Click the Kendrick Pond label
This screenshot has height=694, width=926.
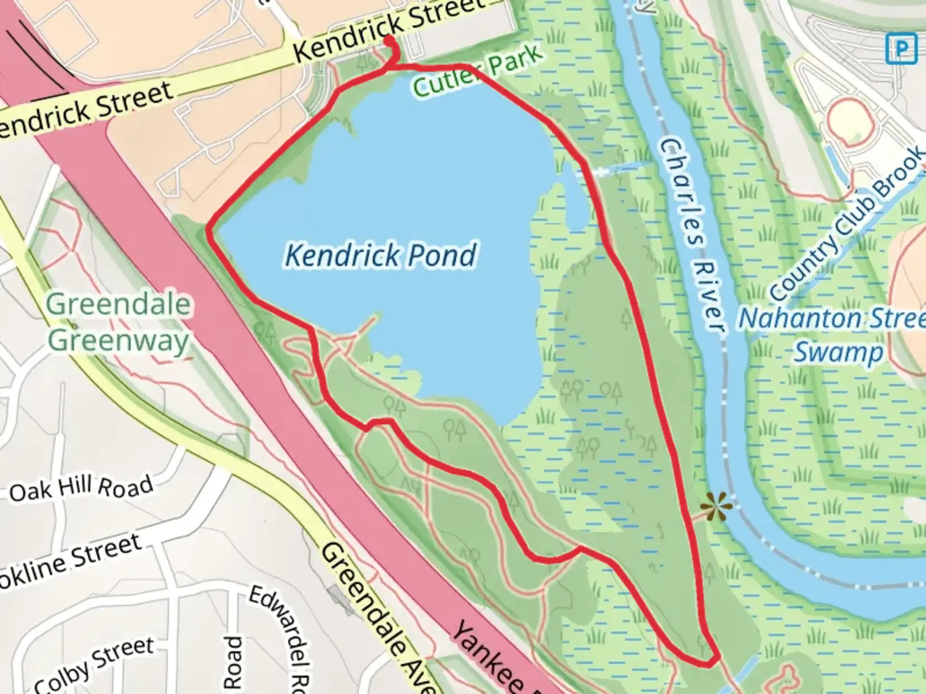381,255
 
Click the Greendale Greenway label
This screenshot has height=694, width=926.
119,322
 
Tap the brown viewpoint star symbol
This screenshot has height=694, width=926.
716,508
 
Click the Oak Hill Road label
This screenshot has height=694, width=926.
82,489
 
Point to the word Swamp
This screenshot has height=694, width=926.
839,353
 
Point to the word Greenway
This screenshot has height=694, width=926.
119,340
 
